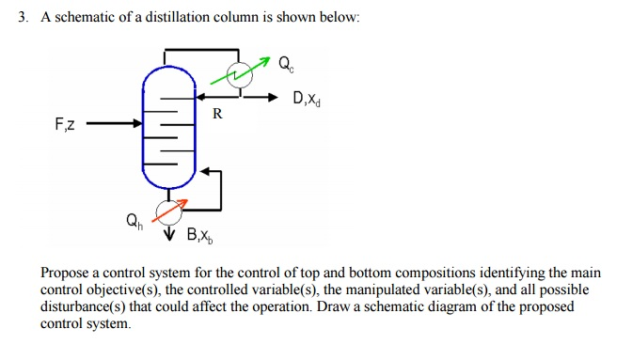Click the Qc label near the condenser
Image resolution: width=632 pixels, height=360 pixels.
pos(287,66)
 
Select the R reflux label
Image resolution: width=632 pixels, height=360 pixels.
pos(217,115)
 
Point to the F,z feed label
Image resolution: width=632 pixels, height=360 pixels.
pos(67,123)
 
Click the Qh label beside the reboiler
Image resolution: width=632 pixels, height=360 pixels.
pos(134,223)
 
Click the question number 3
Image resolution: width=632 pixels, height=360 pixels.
pos(23,19)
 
